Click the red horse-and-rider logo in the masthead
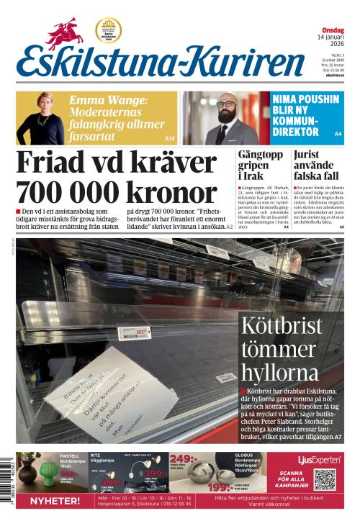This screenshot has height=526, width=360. click(x=66, y=33)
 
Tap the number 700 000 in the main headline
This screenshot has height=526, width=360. click(x=65, y=191)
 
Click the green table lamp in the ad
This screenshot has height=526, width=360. click(x=48, y=476)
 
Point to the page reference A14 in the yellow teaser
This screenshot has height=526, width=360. click(x=170, y=138)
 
